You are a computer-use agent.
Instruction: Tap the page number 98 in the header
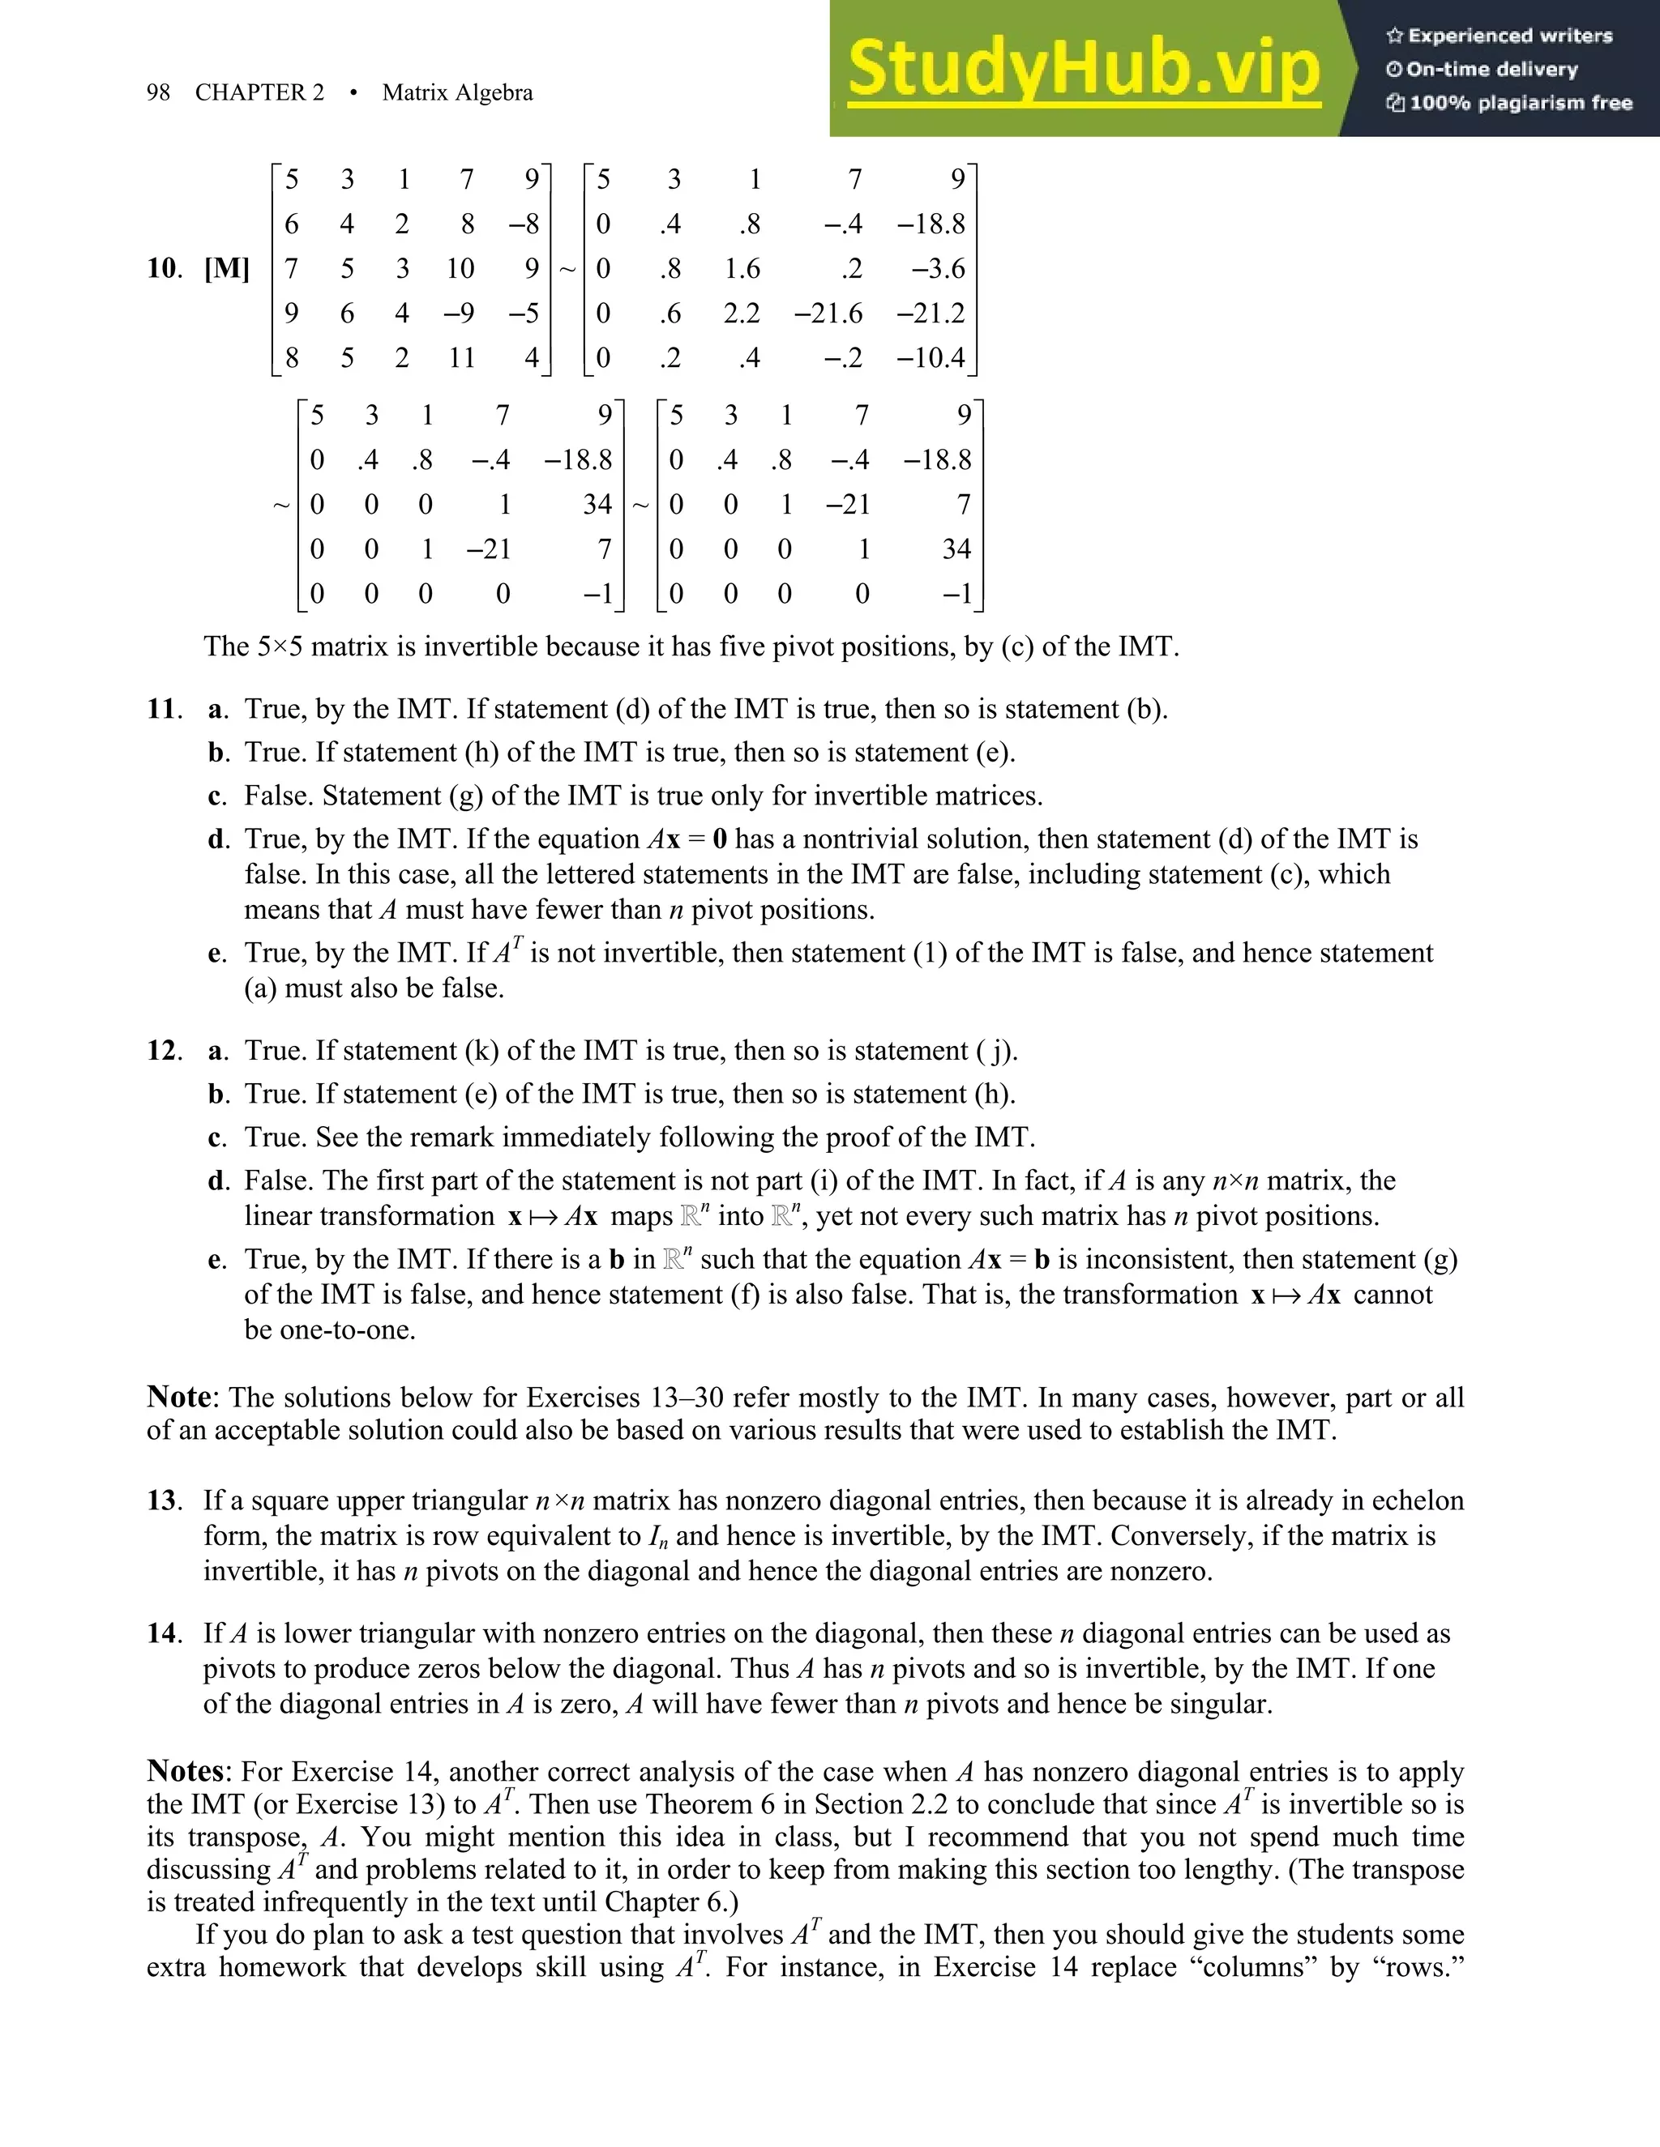(x=157, y=92)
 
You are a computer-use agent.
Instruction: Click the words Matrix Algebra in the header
(x=457, y=92)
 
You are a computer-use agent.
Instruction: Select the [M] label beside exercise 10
(x=226, y=268)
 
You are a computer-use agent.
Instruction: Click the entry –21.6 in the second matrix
(x=828, y=314)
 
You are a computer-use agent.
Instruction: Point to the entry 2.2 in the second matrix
(x=742, y=314)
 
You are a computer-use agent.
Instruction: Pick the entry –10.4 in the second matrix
(x=931, y=358)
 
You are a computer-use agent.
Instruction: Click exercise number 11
(x=163, y=709)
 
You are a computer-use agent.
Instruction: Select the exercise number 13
(x=163, y=1500)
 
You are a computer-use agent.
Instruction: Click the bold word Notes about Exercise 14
(x=186, y=1771)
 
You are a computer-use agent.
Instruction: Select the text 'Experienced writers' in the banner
(x=1509, y=36)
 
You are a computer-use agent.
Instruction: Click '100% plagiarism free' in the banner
(x=1520, y=103)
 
